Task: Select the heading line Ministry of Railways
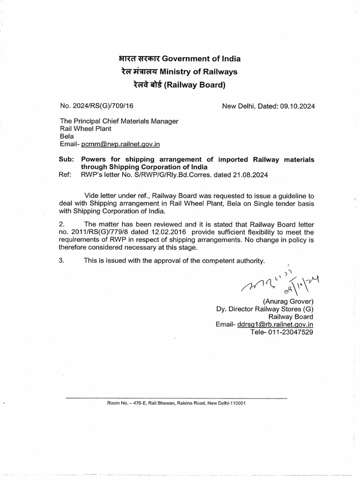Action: [x=198, y=72]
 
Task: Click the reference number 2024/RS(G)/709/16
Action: [x=106, y=106]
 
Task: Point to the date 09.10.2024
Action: [x=298, y=106]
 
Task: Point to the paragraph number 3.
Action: [x=62, y=261]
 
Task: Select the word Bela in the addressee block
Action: [x=66, y=136]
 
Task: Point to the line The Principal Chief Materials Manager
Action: [x=119, y=121]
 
